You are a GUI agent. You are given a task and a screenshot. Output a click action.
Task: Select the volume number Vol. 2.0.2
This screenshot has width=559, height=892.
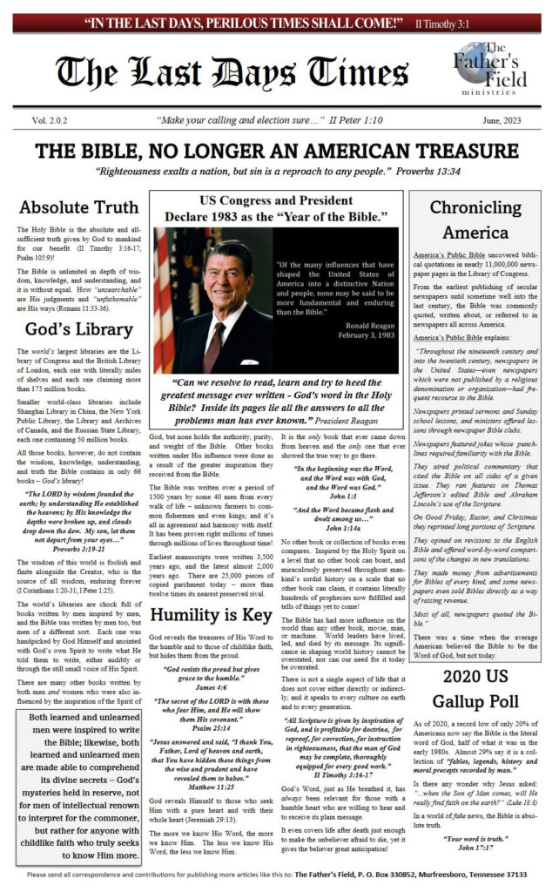click(x=54, y=120)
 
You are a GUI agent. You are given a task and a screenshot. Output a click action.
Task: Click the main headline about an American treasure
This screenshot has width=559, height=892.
click(x=279, y=150)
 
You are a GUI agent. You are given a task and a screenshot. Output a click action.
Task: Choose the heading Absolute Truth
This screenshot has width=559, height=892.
click(x=79, y=207)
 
